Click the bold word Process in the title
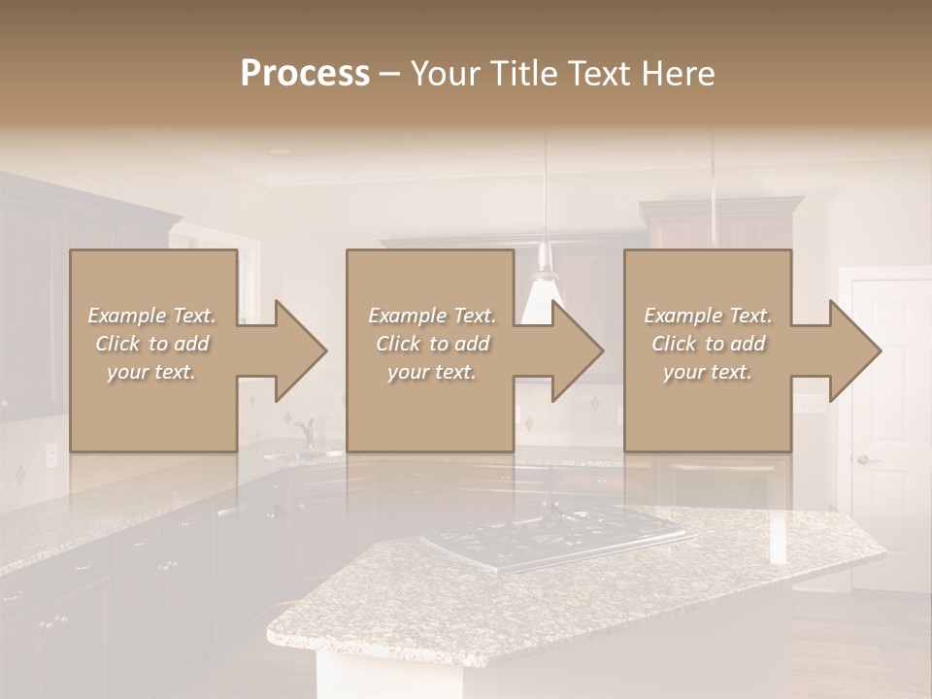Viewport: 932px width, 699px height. tap(305, 74)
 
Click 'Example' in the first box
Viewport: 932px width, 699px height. tap(126, 316)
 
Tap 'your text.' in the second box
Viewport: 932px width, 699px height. tap(431, 372)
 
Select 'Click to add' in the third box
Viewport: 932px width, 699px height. tap(709, 344)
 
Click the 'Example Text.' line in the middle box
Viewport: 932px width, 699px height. tap(431, 316)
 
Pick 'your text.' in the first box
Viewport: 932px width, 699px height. tap(151, 372)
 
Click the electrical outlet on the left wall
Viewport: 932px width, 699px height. tap(51, 453)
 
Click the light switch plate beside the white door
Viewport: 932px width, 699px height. tap(805, 402)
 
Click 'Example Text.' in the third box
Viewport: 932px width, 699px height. tap(708, 316)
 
